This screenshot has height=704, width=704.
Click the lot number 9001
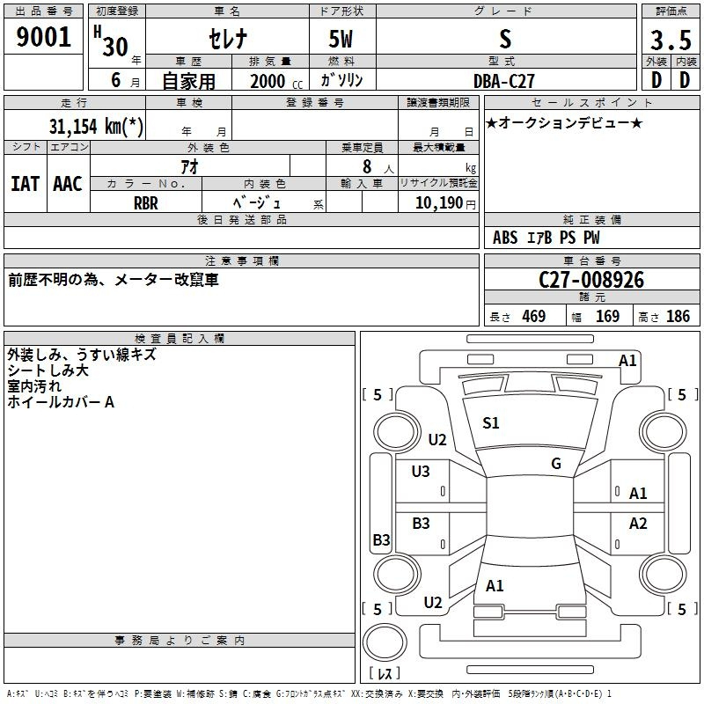[43, 37]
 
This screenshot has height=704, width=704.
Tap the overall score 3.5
[671, 40]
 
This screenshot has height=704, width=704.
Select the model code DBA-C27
[504, 81]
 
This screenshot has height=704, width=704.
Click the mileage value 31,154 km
[96, 126]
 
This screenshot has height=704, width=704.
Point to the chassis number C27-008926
[591, 280]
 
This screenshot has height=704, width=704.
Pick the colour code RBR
[146, 203]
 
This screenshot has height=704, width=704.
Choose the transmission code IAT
[26, 184]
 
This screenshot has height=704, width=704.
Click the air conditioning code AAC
[68, 184]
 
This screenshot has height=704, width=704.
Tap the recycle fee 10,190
[438, 203]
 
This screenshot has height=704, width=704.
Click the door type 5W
[341, 39]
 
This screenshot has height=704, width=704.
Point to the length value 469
[534, 316]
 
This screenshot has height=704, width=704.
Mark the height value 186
[678, 316]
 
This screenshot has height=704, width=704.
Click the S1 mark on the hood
[491, 423]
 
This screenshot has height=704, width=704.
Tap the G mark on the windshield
[556, 464]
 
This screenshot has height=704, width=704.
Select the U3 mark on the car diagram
[421, 472]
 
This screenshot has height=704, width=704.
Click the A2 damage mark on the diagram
[638, 524]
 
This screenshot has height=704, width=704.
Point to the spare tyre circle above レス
[385, 642]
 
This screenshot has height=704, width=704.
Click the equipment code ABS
[505, 238]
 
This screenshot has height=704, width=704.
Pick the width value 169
[607, 316]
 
